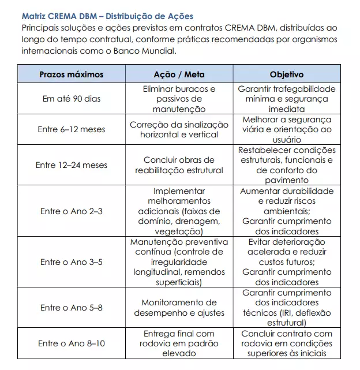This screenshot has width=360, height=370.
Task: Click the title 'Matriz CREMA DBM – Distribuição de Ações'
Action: click(107, 16)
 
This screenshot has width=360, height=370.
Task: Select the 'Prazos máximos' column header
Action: click(72, 75)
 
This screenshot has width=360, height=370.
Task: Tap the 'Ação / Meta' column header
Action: click(179, 75)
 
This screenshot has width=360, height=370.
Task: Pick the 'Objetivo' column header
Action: click(286, 75)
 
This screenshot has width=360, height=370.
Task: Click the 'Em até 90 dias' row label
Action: click(72, 99)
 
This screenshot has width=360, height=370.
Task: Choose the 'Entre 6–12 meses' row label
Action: click(72, 129)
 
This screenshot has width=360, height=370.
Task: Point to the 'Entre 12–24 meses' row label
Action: click(72, 165)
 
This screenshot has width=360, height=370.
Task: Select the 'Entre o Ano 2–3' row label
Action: click(72, 211)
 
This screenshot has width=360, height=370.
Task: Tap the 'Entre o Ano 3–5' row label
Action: click(72, 262)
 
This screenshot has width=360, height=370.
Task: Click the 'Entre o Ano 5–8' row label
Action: click(72, 308)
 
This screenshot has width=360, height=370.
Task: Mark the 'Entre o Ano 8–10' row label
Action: click(72, 343)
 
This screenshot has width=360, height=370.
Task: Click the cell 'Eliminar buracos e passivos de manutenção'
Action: click(179, 99)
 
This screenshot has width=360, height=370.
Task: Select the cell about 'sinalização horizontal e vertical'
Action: click(179, 129)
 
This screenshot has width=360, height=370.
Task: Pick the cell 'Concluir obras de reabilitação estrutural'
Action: click(179, 165)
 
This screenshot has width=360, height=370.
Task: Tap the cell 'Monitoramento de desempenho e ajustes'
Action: click(179, 308)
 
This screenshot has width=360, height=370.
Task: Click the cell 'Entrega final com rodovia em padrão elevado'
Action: click(179, 343)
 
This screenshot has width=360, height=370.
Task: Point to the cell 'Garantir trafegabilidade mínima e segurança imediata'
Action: click(286, 99)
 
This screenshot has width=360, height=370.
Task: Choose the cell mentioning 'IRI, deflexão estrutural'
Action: click(286, 308)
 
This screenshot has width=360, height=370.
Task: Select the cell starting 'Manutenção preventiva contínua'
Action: click(179, 262)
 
